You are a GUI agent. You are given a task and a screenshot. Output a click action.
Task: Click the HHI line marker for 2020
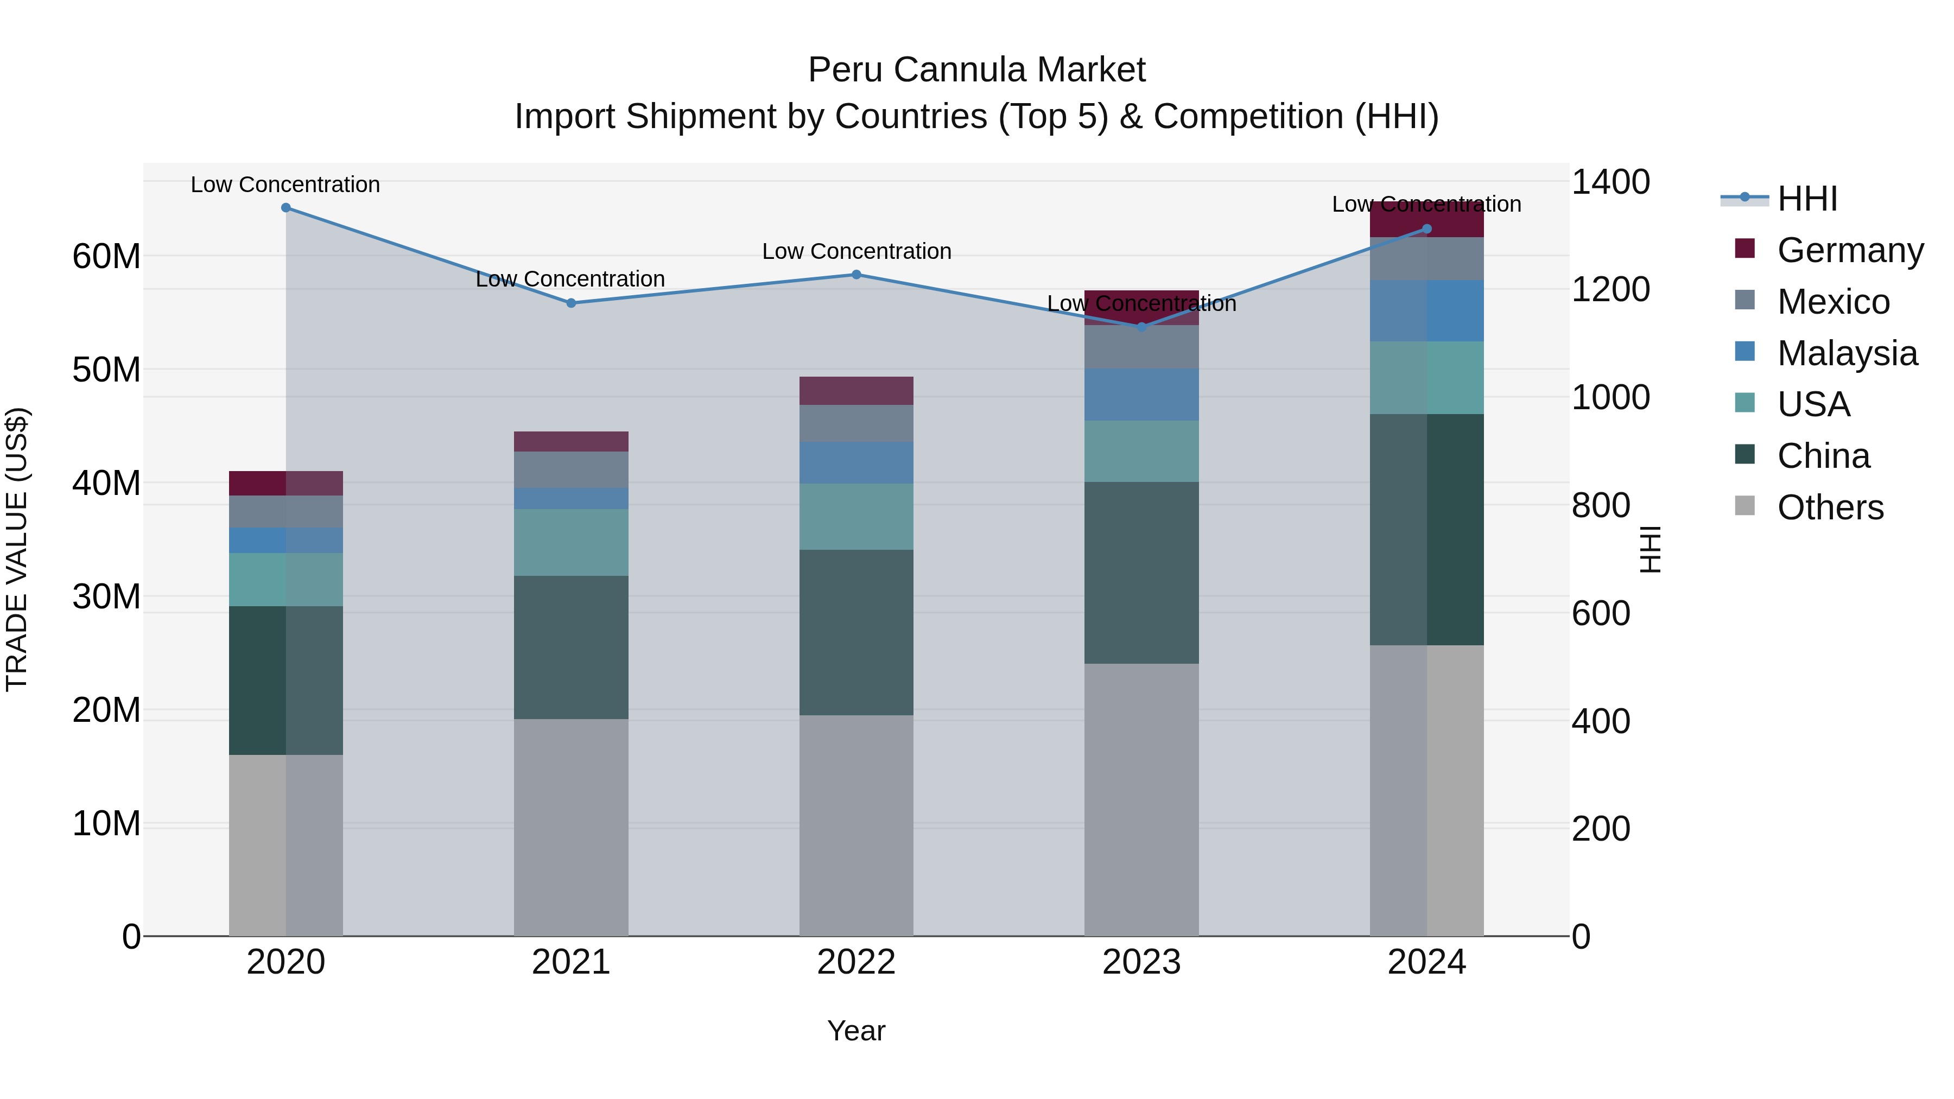286,208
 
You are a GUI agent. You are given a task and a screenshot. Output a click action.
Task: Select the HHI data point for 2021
571,303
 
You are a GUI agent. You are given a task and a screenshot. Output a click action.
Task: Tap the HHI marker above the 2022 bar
857,275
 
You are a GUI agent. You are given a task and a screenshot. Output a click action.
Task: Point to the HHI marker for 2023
1141,327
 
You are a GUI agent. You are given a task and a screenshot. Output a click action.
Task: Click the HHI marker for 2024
1427,229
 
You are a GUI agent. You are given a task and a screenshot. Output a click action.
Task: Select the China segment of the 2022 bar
857,633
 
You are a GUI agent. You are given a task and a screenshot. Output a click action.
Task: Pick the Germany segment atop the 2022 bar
857,391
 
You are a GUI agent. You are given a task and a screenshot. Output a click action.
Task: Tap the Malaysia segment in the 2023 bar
1141,395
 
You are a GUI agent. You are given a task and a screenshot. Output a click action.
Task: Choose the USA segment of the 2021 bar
571,542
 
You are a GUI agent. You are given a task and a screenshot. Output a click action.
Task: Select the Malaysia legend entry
1847,353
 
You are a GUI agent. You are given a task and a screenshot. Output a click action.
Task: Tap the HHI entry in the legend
1807,199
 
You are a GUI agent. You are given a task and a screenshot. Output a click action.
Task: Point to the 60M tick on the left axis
106,256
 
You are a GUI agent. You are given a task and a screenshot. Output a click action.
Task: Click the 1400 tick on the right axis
1610,182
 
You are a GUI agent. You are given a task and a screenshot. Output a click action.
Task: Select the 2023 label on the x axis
1141,962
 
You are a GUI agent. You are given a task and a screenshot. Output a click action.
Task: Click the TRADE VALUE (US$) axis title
17,549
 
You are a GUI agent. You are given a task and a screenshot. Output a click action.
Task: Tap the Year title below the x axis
857,1031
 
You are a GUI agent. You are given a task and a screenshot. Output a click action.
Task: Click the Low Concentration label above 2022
857,251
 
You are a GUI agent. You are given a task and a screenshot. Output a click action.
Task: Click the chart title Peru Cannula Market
976,70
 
